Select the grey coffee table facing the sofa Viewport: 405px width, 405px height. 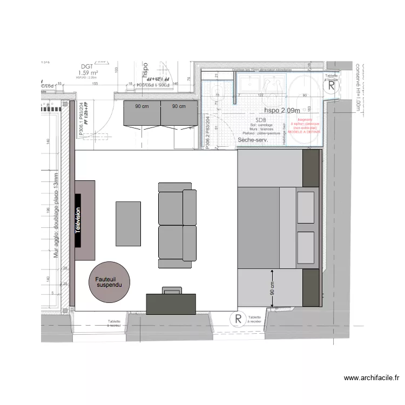(x=128, y=223)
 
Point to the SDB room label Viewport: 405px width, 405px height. (x=261, y=120)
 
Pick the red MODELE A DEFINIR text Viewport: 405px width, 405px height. (x=304, y=132)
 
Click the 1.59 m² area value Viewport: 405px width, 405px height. (x=87, y=72)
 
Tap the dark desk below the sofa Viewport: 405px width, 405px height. (x=171, y=302)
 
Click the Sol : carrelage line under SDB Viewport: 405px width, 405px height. (x=261, y=125)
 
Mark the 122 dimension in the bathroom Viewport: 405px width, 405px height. (x=260, y=95)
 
